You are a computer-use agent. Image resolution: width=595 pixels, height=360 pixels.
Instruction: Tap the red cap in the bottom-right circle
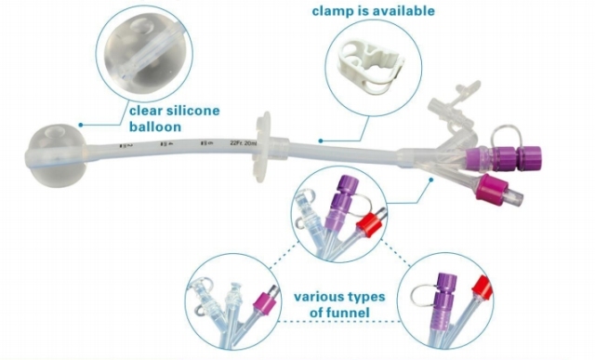(x=481, y=286)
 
